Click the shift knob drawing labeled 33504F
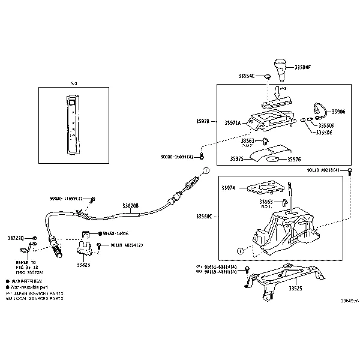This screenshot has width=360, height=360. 281,70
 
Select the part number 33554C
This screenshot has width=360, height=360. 246,76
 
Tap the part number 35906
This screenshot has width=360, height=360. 338,112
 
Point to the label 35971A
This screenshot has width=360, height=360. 232,122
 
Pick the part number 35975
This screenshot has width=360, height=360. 238,160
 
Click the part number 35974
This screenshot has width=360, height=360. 229,188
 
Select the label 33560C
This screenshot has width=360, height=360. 204,216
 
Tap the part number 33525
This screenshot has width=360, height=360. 296,289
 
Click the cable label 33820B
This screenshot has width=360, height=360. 130,205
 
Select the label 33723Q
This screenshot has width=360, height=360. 16,238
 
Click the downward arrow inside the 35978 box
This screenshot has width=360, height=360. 277,92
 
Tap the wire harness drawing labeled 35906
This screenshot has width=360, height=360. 320,110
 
